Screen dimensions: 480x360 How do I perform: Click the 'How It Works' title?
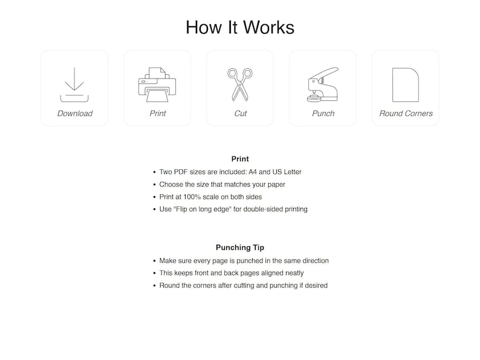(x=240, y=27)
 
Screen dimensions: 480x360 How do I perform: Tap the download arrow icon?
(x=74, y=85)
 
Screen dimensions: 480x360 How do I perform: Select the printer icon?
(x=157, y=85)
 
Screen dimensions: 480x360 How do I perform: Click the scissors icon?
(x=240, y=85)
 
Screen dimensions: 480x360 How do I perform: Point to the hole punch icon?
(x=323, y=85)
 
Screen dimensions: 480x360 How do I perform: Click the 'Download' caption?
(x=75, y=114)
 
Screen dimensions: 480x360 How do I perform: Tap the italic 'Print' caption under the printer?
(x=157, y=114)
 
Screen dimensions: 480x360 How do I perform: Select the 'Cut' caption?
(x=241, y=114)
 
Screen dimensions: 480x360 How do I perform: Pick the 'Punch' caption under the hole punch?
(x=323, y=114)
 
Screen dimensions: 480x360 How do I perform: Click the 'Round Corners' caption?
(x=406, y=114)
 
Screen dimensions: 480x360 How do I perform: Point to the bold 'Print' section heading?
(x=240, y=159)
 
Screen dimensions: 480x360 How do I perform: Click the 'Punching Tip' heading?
(x=240, y=248)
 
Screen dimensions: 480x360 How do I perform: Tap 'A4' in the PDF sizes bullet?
(x=253, y=172)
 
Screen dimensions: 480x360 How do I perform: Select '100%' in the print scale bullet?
(x=191, y=197)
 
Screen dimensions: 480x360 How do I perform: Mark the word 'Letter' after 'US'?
(x=293, y=172)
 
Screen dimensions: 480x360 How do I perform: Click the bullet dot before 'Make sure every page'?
(x=154, y=261)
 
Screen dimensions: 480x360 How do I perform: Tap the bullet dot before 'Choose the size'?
(x=154, y=184)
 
